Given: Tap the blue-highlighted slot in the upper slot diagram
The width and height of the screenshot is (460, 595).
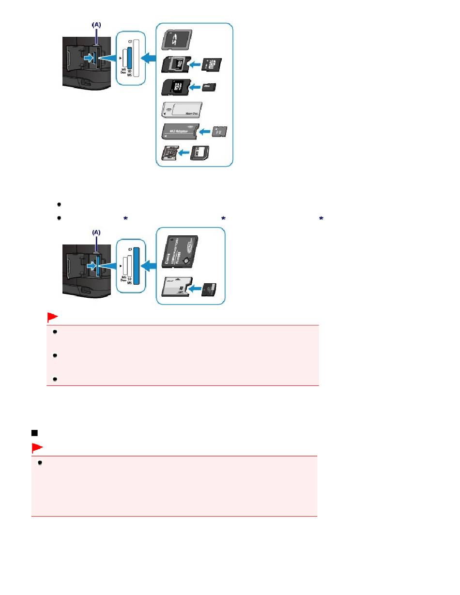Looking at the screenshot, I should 129,61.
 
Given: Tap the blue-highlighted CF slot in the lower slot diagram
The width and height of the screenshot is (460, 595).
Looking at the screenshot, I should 137,269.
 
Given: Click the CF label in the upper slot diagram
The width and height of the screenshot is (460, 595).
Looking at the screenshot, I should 130,42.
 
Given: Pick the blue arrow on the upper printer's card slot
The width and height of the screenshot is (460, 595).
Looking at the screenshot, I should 89,58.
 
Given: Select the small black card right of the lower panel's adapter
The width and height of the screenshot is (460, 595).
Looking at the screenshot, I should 210,290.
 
